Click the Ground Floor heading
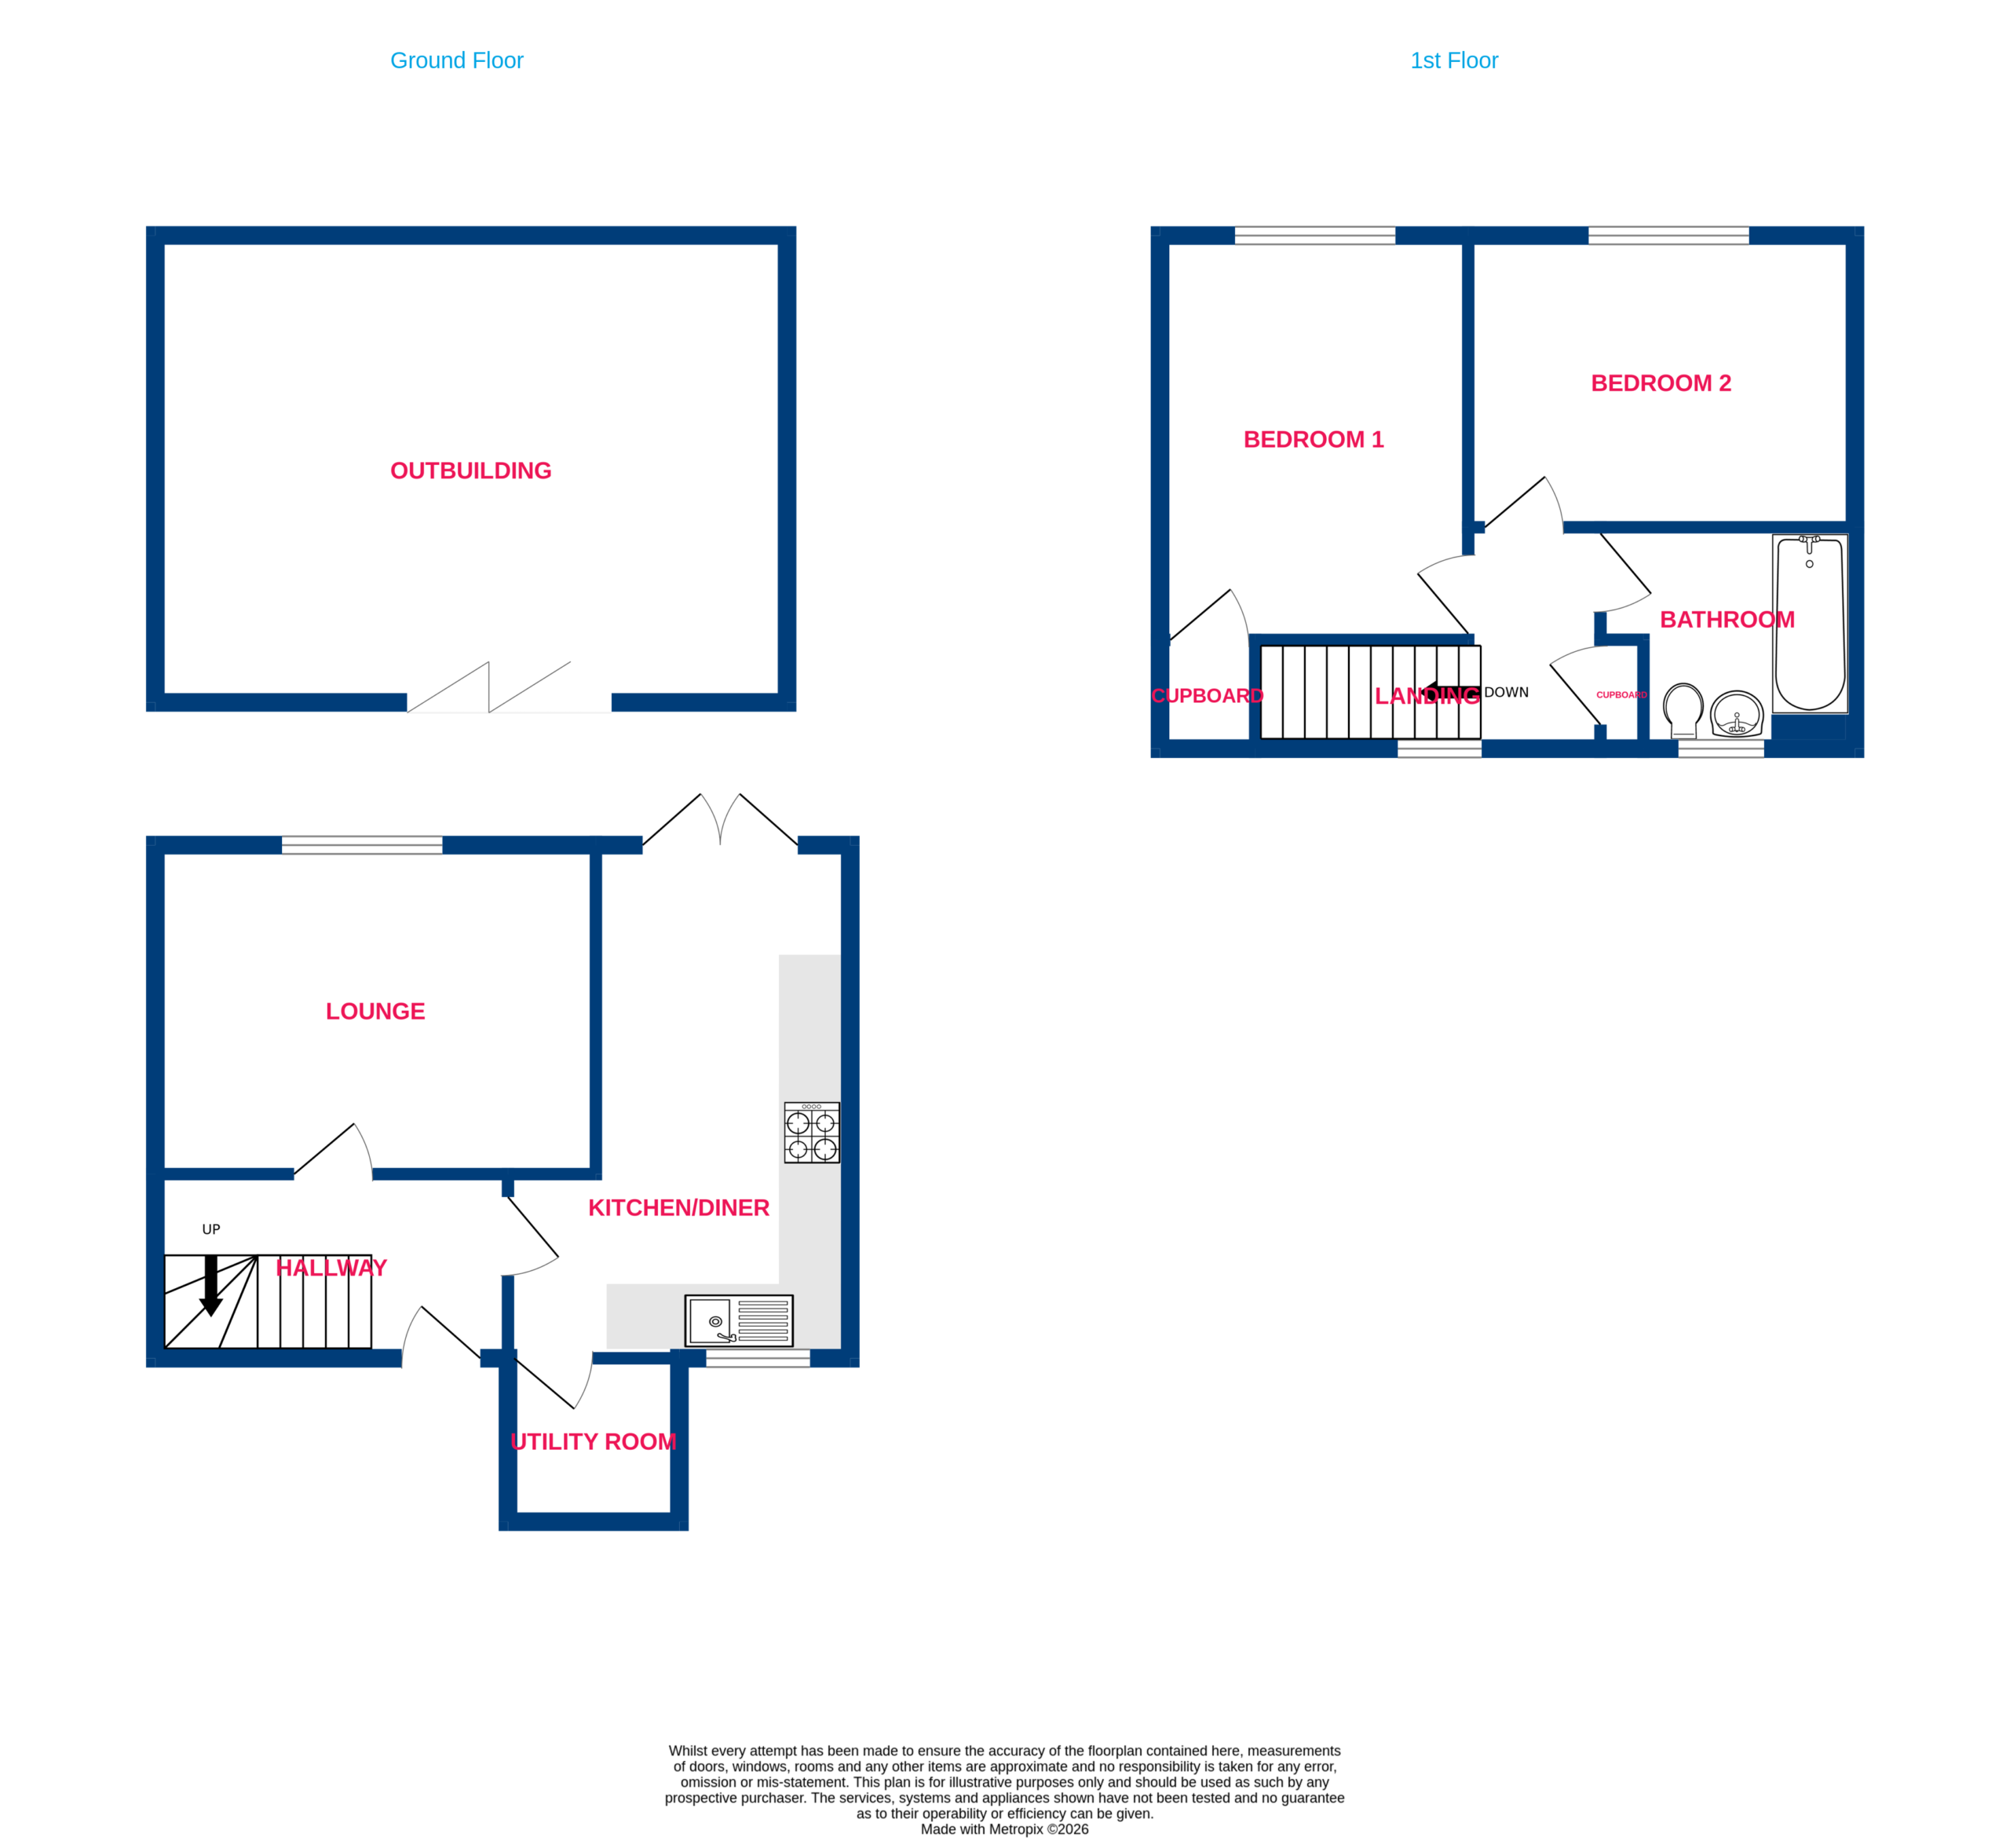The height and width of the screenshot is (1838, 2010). (457, 60)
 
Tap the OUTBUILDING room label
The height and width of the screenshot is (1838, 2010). (470, 470)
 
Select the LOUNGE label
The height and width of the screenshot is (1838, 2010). (375, 1011)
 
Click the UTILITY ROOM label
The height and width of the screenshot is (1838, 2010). (594, 1441)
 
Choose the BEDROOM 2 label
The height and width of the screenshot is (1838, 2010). (1661, 383)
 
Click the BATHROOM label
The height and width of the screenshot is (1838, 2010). (1727, 619)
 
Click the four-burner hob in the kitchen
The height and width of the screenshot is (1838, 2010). (812, 1132)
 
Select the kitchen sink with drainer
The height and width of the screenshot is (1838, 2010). (739, 1320)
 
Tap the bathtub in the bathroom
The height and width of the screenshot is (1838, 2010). (1810, 624)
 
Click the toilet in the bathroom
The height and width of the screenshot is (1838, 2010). (1683, 710)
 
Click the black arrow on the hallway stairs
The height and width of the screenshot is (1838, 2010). (210, 1286)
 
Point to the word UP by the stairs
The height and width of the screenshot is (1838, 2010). (211, 1230)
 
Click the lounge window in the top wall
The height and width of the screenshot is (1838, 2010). (362, 844)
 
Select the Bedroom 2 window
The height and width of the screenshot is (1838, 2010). (1668, 236)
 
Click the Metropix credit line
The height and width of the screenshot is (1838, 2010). (1004, 1829)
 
